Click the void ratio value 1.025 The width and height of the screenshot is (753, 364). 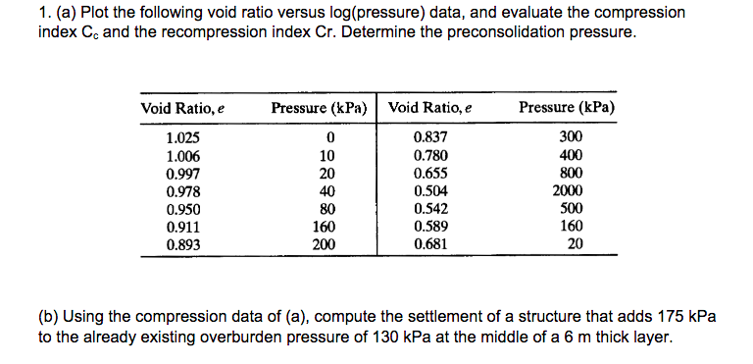[x=182, y=136]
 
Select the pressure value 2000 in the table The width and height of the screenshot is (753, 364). [x=569, y=191]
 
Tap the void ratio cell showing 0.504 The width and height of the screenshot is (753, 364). [x=431, y=191]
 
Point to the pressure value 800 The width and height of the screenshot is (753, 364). [x=570, y=173]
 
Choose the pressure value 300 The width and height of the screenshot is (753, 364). [x=570, y=136]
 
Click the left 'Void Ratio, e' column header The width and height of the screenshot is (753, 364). [x=183, y=108]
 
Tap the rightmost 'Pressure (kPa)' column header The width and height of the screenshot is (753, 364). [x=567, y=108]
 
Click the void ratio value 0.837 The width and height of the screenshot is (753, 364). [x=431, y=136]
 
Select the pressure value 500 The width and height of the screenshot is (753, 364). [x=570, y=209]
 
